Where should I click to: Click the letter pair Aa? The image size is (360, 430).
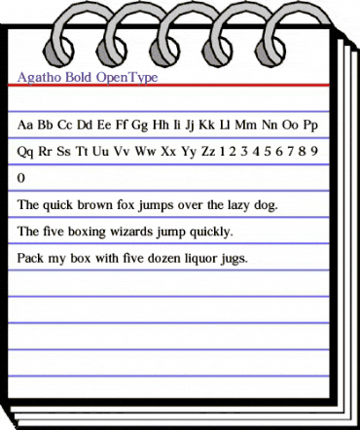(x=26, y=125)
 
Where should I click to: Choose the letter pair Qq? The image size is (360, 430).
(x=27, y=152)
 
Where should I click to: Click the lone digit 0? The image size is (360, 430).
(x=22, y=179)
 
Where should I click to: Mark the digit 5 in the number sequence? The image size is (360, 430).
(x=267, y=152)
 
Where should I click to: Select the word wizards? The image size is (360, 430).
(x=136, y=233)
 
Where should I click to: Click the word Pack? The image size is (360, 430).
(x=32, y=260)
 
